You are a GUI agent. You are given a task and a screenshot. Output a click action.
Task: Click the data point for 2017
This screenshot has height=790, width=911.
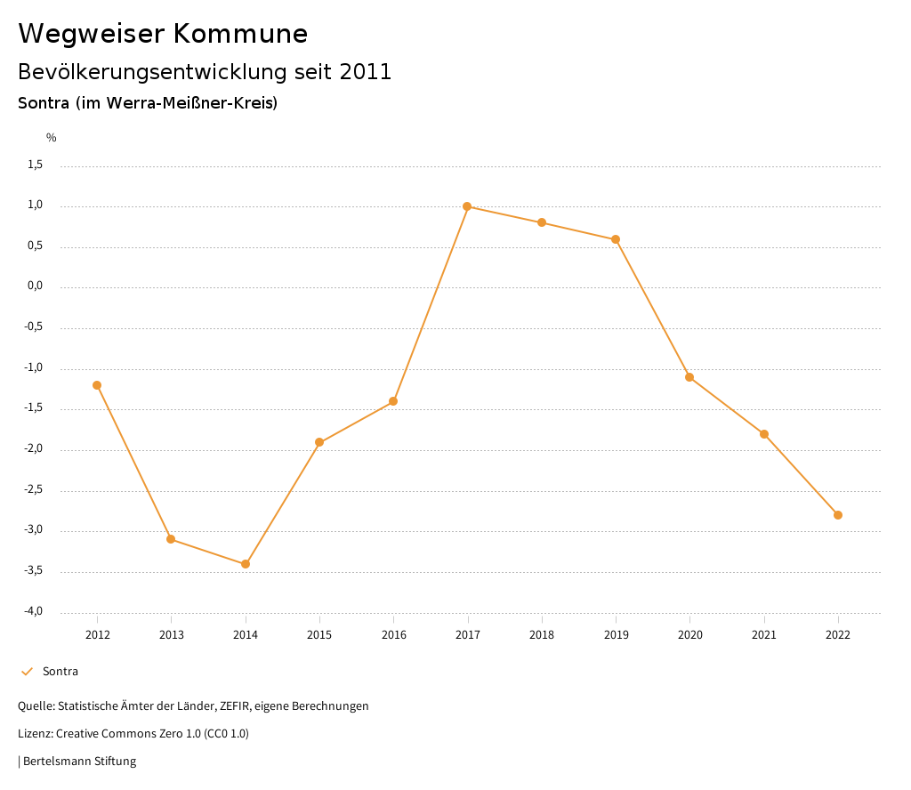point(467,206)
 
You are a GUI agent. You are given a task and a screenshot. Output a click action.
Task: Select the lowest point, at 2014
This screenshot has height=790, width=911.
point(246,564)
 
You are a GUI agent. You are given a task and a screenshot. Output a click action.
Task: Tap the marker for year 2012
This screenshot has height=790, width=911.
point(97,385)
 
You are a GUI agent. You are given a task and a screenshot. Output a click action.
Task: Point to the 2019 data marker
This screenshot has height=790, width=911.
point(616,239)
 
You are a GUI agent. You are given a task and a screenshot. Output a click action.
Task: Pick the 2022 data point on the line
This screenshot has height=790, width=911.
point(838,515)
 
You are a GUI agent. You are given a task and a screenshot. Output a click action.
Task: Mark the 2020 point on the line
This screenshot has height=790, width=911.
point(689,377)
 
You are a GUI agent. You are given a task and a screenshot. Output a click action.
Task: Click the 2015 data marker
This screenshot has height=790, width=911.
point(319,442)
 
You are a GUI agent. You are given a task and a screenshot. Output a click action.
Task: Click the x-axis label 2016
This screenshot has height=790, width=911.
point(393,635)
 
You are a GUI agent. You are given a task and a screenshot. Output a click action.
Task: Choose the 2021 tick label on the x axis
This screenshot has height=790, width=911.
point(763,635)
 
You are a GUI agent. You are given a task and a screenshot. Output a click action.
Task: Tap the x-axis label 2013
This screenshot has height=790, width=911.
point(171,635)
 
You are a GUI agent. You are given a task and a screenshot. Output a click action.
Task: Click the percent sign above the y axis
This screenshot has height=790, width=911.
point(52,138)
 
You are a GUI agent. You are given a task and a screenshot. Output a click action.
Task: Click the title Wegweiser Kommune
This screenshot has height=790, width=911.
point(163,34)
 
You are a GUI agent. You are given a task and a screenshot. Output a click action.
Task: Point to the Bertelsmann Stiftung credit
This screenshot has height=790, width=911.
point(78,762)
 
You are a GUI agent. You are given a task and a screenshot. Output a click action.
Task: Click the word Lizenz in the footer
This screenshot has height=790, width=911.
point(35,734)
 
